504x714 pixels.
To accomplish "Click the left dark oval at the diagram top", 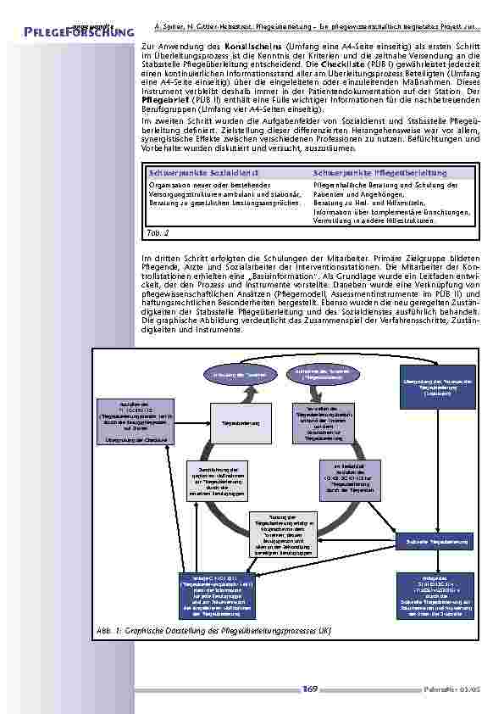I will (x=228, y=374).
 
